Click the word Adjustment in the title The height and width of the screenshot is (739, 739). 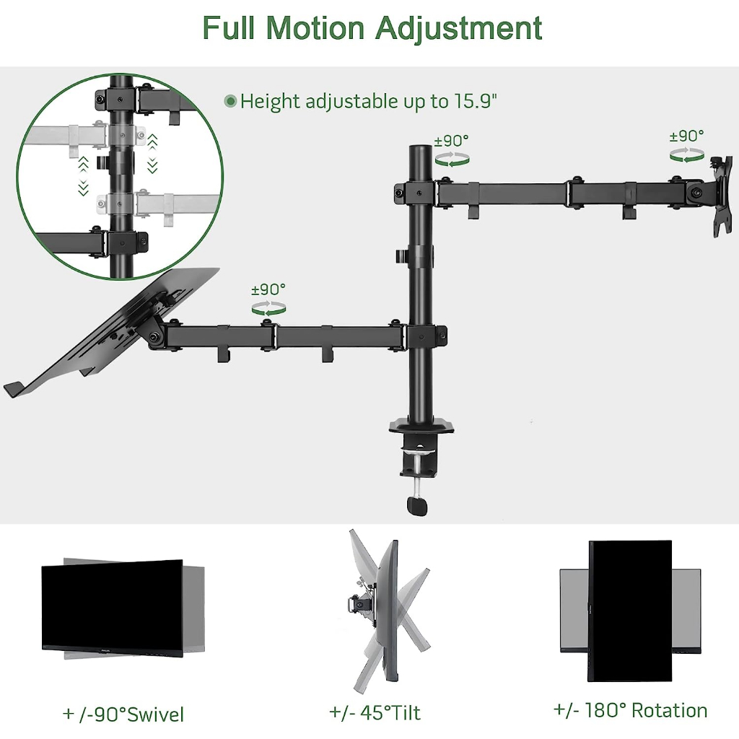(x=458, y=29)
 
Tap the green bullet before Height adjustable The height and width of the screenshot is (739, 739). (x=230, y=101)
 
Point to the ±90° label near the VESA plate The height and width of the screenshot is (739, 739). (x=686, y=136)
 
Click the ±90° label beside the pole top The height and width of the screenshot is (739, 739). (x=451, y=140)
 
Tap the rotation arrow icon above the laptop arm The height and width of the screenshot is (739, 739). (x=268, y=308)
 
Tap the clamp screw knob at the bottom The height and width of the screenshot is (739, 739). (x=417, y=506)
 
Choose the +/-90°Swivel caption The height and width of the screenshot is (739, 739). (x=123, y=714)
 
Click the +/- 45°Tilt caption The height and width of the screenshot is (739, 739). (x=375, y=713)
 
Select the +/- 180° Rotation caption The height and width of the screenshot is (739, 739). (x=630, y=710)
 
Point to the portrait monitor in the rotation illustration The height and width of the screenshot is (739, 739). (x=630, y=610)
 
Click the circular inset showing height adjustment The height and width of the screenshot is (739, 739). (x=119, y=175)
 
